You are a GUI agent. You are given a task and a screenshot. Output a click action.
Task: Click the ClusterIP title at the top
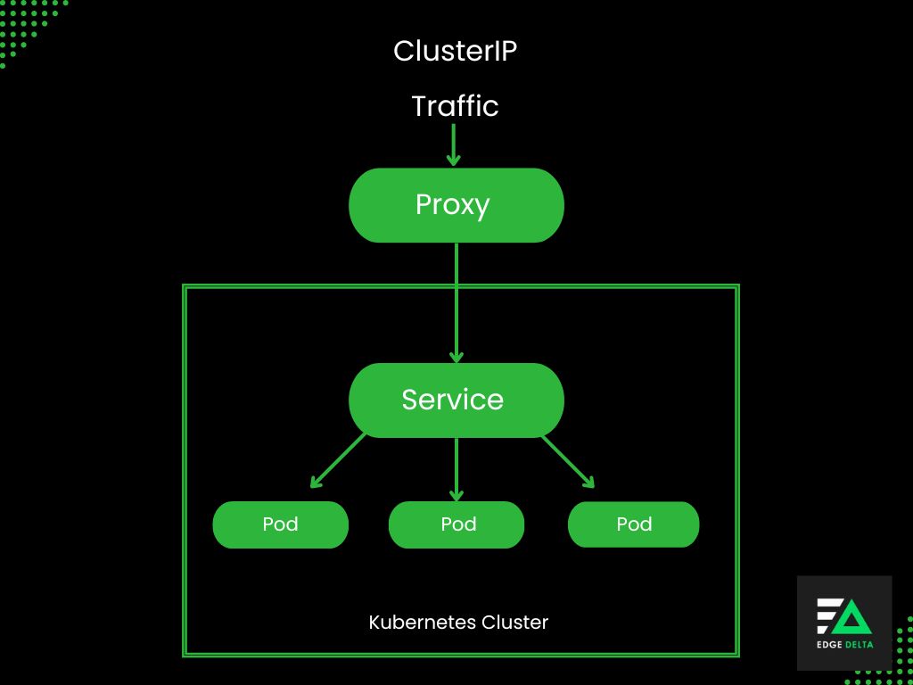point(455,51)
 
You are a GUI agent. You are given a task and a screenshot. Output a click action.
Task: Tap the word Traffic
point(455,106)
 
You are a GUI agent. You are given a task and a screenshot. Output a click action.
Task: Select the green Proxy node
point(456,205)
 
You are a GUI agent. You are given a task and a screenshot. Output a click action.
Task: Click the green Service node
point(456,400)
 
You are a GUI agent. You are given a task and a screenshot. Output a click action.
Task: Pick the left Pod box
point(280,524)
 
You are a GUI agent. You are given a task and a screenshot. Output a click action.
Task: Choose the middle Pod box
point(456,524)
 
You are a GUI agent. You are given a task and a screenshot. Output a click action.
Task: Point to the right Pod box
point(634,524)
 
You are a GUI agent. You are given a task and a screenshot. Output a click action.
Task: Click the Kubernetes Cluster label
point(458,622)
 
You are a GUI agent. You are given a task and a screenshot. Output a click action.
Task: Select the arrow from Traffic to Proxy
point(454,144)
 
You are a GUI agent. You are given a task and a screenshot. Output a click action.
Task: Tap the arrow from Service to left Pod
point(339,460)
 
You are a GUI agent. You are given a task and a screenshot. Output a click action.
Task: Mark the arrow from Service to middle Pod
point(456,469)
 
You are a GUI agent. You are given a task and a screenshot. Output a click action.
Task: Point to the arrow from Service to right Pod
point(568,461)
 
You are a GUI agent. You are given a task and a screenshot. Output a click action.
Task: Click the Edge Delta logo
point(844,623)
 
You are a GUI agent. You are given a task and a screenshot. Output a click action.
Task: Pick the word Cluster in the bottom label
point(515,622)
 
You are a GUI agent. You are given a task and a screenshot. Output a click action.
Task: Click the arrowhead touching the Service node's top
point(456,356)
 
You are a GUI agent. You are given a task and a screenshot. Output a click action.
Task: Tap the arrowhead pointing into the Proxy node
point(454,160)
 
